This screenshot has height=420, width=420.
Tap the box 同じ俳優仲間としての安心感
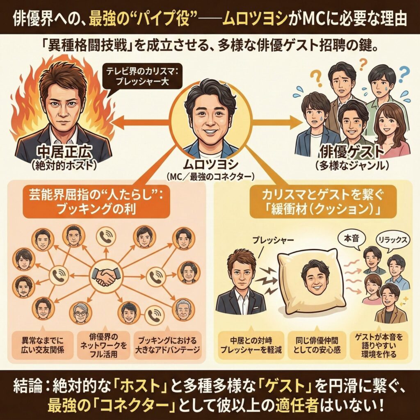click(x=309, y=345)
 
